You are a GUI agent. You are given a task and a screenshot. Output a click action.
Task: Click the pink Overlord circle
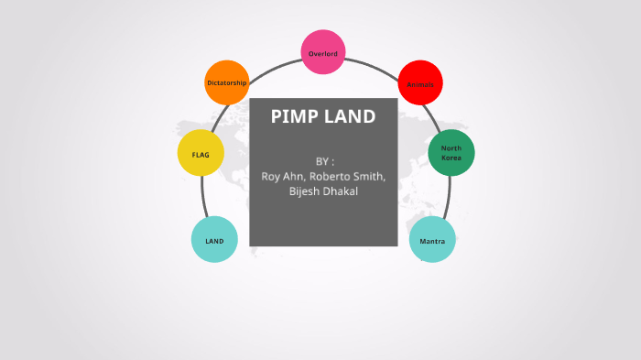coord(323,52)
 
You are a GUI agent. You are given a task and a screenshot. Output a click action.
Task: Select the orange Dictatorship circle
coord(227,82)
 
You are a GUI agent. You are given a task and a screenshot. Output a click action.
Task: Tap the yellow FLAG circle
coord(201,154)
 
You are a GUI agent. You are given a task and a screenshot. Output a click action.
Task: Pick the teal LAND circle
coord(214,240)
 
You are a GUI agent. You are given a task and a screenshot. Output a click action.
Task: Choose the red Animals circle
coord(420,84)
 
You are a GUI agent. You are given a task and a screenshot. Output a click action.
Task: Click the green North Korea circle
coord(451,153)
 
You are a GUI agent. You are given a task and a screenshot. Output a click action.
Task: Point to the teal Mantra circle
coord(432,240)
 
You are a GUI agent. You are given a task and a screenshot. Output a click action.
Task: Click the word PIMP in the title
coord(294,117)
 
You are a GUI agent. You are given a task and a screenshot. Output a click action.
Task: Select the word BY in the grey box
coord(320,161)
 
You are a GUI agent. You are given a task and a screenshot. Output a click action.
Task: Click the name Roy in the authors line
coord(271,177)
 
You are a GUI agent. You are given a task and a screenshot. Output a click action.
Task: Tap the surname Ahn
coord(296,177)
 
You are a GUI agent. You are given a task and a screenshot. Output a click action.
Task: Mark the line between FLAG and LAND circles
coord(203,197)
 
